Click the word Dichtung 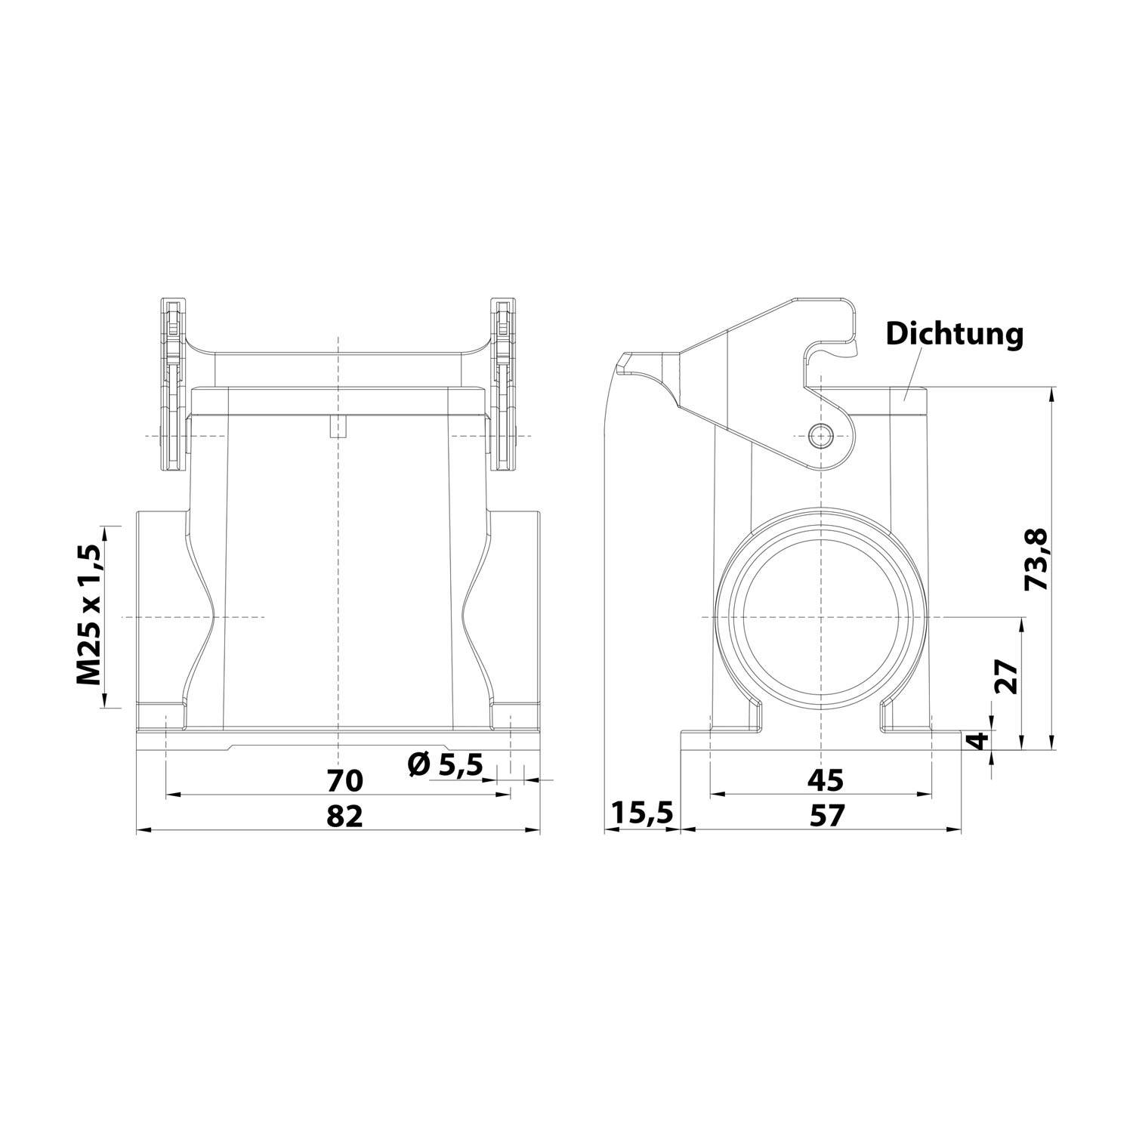coord(954,333)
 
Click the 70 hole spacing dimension coord(344,780)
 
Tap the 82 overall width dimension coord(344,816)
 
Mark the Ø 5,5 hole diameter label coord(445,765)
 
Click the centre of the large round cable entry coord(820,616)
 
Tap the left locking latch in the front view coord(173,385)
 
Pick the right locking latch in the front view coord(503,385)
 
